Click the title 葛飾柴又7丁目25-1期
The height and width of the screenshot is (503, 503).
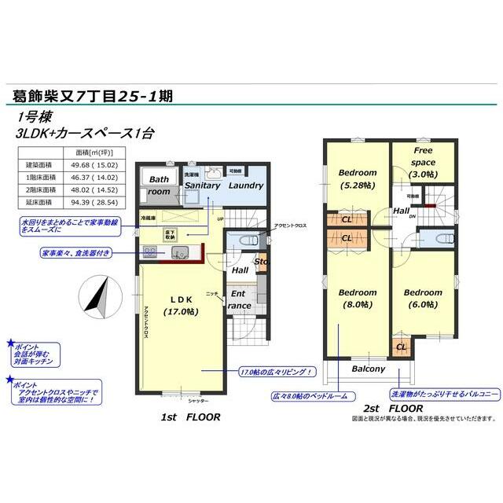93,96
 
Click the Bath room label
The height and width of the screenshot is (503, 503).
160,185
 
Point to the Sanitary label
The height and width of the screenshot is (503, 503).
202,185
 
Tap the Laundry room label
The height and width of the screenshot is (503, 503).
246,185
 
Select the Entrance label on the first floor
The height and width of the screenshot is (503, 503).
239,299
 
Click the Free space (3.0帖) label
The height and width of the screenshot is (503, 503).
424,161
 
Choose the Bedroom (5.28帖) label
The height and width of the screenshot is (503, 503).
358,178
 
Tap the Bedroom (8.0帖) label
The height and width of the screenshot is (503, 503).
358,299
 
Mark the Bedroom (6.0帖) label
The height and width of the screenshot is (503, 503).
423,299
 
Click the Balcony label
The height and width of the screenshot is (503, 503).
368,369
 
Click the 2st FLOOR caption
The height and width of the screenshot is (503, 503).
394,409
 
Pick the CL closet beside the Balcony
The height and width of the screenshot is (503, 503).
401,347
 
